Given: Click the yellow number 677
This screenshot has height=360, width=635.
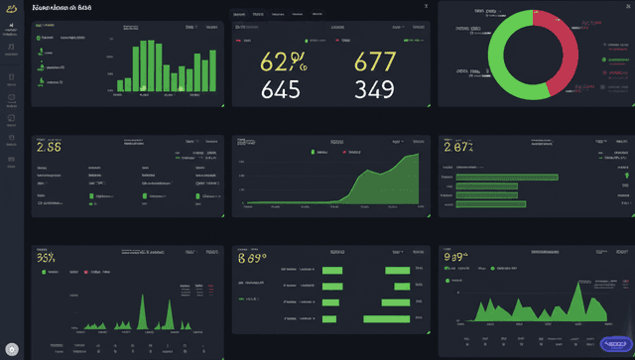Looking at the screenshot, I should tap(375, 62).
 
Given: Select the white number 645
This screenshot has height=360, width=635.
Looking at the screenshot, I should tap(280, 92).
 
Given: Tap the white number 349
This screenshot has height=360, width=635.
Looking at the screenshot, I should tap(375, 92).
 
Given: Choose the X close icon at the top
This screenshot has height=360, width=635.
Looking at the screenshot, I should tap(426, 6).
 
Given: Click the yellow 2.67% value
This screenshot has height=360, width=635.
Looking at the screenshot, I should tap(458, 147).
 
